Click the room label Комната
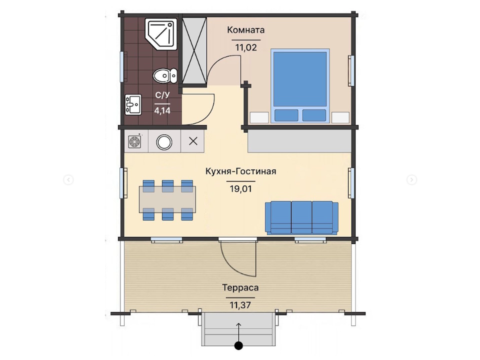[246, 30]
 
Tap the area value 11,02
[246, 47]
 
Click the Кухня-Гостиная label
[240, 171]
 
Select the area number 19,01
[240, 189]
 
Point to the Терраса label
[240, 288]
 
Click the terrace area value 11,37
[240, 305]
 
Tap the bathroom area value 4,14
[162, 110]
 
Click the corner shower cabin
[160, 34]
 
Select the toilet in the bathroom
[165, 75]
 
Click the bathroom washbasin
[133, 104]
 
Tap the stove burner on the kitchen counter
[134, 141]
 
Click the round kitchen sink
[164, 142]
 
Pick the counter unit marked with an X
[193, 141]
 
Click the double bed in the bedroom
[300, 86]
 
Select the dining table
[167, 199]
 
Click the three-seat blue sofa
[301, 217]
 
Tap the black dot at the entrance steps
[238, 345]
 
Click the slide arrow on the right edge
[411, 179]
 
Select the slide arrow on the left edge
[68, 179]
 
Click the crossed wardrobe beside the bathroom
[194, 50]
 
